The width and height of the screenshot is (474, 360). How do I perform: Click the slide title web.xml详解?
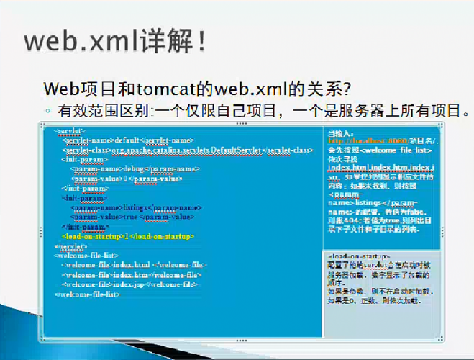115,41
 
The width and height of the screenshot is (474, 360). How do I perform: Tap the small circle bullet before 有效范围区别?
47,112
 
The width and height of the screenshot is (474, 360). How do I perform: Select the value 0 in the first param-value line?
125,179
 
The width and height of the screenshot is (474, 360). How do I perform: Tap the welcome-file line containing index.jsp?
129,284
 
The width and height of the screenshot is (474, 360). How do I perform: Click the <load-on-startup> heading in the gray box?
358,256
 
